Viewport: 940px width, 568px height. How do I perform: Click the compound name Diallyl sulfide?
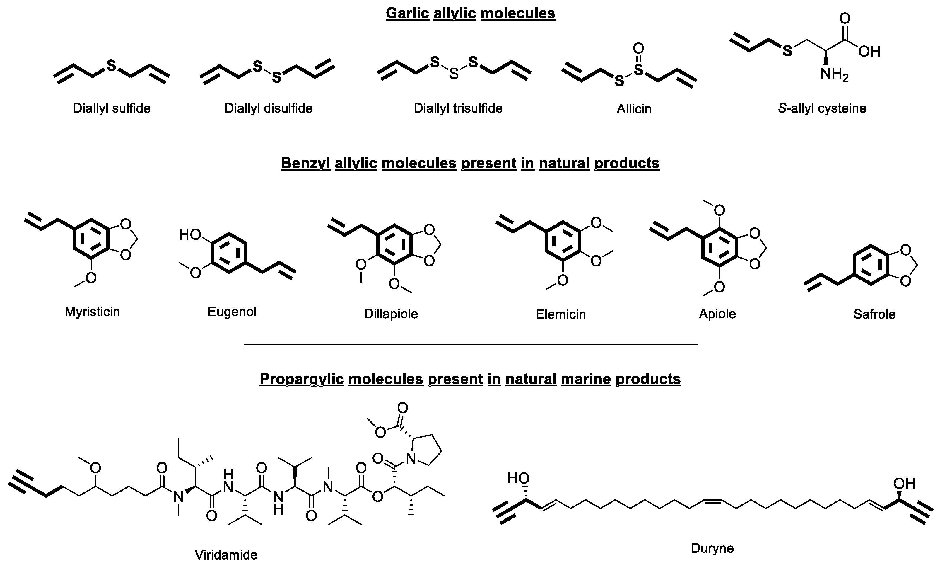coord(112,108)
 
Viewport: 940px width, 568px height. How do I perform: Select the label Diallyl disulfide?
coord(268,108)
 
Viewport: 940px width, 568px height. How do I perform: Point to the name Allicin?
coord(634,109)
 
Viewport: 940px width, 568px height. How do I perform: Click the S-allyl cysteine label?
coord(822,108)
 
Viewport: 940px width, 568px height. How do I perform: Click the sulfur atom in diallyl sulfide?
coord(111,66)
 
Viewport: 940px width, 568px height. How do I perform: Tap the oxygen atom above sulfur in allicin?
coord(639,48)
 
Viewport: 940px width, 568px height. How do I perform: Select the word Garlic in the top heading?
coord(407,13)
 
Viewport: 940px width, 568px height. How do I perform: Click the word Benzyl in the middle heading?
coord(305,163)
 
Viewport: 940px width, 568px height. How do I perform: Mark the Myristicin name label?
coord(92,312)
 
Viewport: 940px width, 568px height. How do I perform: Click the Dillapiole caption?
coord(391,314)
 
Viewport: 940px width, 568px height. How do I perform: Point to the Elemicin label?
coord(560,314)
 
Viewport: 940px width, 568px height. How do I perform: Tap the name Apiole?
coord(717,314)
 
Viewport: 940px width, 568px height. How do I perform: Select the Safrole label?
coord(874,314)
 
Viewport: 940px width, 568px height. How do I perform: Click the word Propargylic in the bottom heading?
coord(301,379)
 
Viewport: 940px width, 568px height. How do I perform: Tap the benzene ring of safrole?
coord(871,265)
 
